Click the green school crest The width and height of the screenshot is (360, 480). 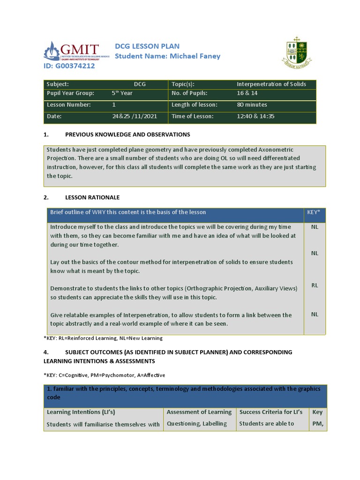[297, 50]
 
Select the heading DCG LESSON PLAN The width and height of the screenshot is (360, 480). [147, 46]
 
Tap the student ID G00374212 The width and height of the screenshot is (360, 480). [69, 66]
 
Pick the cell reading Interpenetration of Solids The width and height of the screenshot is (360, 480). [271, 84]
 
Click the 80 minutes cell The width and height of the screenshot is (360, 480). [252, 105]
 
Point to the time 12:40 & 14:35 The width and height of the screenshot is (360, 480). [255, 116]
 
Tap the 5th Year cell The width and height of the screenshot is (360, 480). [122, 93]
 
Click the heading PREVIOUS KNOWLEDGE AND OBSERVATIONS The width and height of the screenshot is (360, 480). [127, 135]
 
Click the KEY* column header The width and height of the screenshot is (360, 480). [314, 212]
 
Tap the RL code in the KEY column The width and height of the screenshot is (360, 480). [315, 285]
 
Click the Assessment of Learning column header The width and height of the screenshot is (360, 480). [199, 412]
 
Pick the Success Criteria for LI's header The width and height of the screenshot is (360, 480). [270, 412]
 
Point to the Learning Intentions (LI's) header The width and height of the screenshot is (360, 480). [81, 412]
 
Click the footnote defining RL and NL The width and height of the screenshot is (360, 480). [103, 338]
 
